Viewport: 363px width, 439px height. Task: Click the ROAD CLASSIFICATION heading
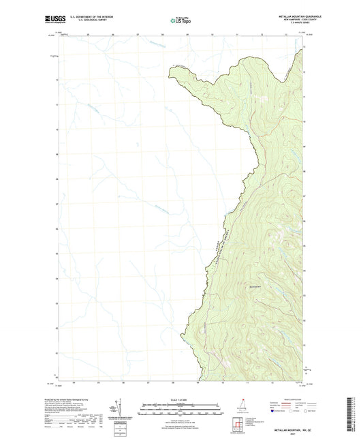pos(284,393)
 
